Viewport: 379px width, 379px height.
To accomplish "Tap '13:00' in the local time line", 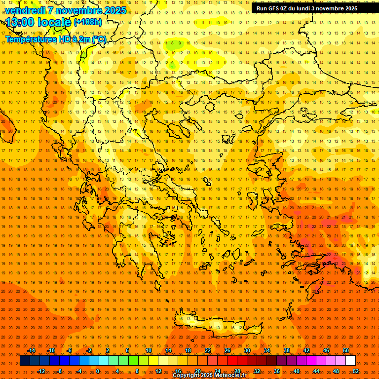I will coord(20,22).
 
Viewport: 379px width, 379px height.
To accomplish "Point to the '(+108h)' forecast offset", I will coord(88,22).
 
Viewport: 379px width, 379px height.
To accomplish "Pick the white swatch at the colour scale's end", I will coord(350,360).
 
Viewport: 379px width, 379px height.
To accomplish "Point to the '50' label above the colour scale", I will coord(346,350).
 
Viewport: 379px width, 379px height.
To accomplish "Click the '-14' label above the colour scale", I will coord(32,350).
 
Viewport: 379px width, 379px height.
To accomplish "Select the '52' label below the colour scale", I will coord(356,371).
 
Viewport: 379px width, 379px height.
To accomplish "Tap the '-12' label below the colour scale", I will coord(41,371).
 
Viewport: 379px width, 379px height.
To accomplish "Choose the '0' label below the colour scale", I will coord(98,371).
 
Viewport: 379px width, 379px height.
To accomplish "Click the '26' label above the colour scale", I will coord(227,350).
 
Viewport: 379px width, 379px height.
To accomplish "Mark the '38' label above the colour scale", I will coord(287,350).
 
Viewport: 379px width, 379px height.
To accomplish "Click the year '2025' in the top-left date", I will coord(115,10).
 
